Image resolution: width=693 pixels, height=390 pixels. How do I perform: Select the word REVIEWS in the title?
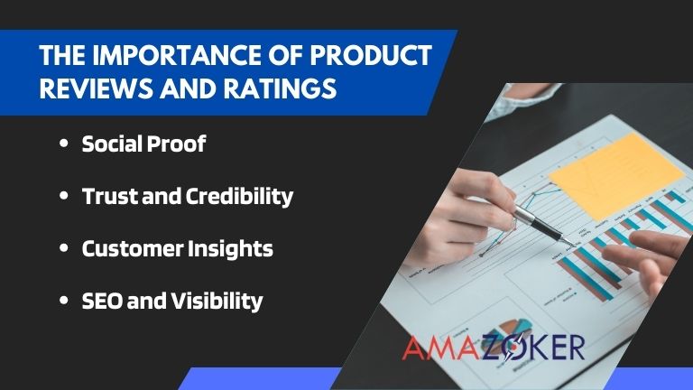click(x=91, y=91)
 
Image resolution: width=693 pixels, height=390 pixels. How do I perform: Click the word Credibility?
click(x=238, y=196)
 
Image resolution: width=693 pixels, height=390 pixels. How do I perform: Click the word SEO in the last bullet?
click(x=100, y=301)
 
